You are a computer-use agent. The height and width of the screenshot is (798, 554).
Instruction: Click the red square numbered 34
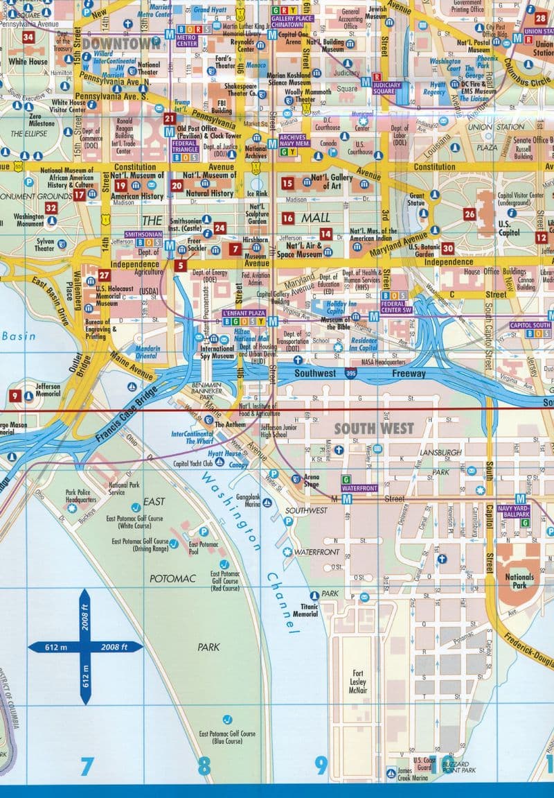28,37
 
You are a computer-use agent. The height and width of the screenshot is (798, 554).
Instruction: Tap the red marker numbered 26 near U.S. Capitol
470,214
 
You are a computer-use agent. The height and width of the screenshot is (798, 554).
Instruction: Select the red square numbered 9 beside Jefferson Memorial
15,395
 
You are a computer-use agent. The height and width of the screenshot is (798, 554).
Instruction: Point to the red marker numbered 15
287,183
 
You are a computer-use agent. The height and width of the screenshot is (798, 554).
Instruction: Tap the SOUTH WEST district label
374,428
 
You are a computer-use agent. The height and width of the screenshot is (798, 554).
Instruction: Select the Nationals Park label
519,581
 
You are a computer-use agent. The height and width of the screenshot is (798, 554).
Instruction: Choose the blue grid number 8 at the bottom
203,766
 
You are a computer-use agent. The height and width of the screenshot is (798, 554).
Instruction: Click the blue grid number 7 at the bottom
86,766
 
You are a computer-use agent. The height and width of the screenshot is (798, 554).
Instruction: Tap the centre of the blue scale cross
84,647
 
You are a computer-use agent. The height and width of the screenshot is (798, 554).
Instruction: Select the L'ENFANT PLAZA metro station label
243,313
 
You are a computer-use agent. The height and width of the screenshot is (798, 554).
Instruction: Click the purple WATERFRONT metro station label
357,488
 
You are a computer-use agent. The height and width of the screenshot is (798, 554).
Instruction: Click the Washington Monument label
29,220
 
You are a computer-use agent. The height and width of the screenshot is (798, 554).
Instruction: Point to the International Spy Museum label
217,353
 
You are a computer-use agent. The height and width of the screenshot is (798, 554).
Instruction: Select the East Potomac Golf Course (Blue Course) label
227,737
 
